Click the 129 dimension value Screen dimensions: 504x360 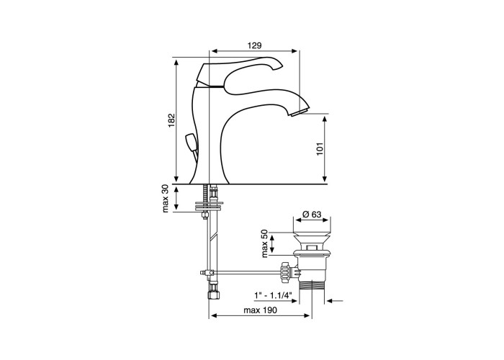click(x=254, y=45)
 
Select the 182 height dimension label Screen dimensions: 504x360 click(x=172, y=120)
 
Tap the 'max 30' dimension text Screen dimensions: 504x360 click(x=165, y=198)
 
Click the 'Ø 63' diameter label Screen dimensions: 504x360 click(x=312, y=214)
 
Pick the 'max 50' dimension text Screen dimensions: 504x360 click(x=264, y=243)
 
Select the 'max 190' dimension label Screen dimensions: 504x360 click(x=260, y=310)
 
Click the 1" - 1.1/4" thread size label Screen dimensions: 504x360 click(x=273, y=294)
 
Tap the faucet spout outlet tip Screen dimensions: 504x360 click(x=299, y=113)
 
